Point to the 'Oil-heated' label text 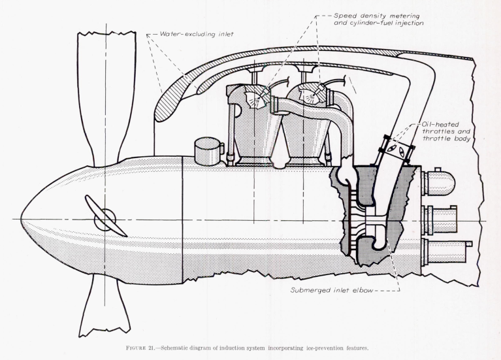click(442, 123)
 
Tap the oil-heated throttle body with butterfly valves click(397, 150)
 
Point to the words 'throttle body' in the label click(442, 140)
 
